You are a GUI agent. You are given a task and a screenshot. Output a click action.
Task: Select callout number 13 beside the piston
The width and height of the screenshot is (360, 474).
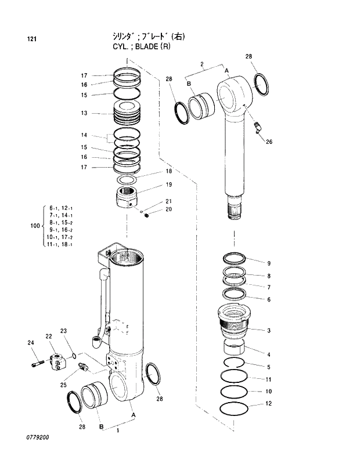tap(84, 113)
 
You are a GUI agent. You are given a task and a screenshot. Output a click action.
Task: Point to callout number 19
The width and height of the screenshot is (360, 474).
tap(168, 184)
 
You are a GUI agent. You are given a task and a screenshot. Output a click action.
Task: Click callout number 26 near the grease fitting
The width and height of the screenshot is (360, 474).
tap(268, 142)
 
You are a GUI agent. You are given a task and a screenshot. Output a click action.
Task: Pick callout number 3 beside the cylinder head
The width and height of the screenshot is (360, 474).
tap(269, 331)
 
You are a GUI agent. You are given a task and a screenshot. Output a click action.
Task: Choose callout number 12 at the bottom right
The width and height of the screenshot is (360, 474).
tap(268, 403)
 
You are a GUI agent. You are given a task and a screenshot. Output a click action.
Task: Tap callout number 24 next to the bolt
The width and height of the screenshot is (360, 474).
tap(31, 343)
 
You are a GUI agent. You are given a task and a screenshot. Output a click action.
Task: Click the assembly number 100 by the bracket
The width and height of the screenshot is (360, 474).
tap(34, 226)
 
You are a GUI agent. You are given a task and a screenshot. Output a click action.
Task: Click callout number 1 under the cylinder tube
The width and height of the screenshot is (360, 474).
tap(118, 430)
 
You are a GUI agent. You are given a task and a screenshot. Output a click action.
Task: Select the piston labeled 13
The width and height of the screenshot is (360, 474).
tap(128, 113)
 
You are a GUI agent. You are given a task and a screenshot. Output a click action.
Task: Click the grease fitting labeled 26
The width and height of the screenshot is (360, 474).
tap(257, 127)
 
